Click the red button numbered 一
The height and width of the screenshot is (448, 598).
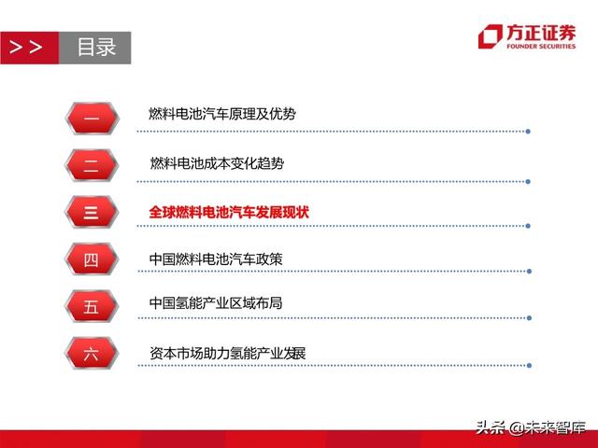coord(91,117)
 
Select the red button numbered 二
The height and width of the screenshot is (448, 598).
coord(91,164)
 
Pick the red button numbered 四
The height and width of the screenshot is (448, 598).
coord(91,260)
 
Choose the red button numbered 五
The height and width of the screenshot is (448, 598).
coord(91,307)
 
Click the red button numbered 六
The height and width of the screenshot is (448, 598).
coord(91,354)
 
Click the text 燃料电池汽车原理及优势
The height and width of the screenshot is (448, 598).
coord(222,114)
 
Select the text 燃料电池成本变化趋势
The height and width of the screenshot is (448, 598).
coord(217,162)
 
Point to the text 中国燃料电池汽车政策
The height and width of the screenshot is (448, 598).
coord(216,259)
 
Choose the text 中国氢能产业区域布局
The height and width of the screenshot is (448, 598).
coord(216,304)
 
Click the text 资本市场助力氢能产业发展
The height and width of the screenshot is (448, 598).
coord(228,354)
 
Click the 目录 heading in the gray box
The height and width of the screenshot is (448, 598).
coord(96,48)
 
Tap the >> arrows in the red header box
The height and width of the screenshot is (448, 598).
coord(26,48)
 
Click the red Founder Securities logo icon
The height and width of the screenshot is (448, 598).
coord(490,35)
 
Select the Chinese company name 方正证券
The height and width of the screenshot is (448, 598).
coord(541,31)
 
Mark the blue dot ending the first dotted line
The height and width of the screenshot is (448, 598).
coord(529,131)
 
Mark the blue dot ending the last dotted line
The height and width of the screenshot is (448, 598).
coord(529,365)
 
